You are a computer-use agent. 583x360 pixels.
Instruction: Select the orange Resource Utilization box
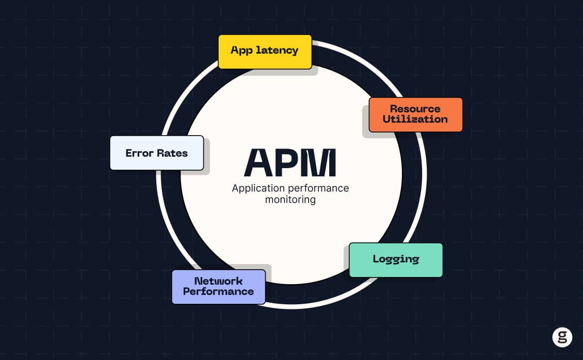click(415, 114)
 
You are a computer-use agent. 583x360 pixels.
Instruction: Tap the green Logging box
click(396, 259)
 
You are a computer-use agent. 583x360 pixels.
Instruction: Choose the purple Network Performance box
click(218, 286)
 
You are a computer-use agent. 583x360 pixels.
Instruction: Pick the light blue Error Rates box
click(156, 153)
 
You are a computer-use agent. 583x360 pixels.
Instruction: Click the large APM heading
click(290, 163)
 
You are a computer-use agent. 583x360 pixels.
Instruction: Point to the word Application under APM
click(256, 188)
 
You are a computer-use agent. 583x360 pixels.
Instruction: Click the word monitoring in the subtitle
click(290, 200)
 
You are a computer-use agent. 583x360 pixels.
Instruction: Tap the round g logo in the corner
click(562, 337)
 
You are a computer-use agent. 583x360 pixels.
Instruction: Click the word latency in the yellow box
click(278, 51)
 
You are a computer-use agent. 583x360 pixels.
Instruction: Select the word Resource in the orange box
click(415, 109)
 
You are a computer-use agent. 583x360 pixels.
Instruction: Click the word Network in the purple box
click(218, 281)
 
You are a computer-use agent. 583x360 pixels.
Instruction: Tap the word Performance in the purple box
click(218, 291)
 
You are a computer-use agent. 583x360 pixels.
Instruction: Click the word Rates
click(172, 153)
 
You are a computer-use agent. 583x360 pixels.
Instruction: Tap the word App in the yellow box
click(241, 51)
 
